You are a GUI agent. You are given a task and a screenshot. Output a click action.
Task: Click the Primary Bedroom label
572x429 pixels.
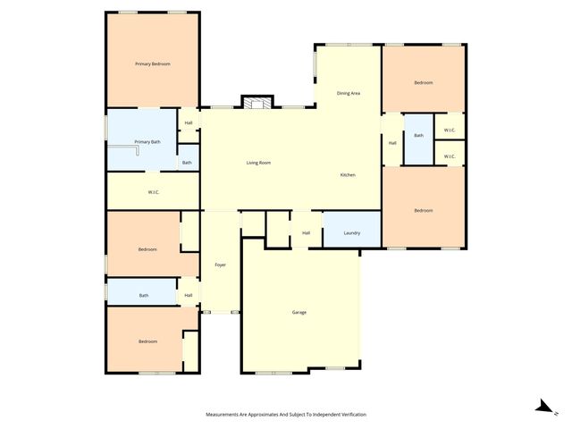coord(153,64)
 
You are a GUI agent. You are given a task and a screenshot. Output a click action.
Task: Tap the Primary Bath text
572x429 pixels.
coord(147,142)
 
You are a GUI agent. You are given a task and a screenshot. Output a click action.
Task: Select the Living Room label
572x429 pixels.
coord(258,163)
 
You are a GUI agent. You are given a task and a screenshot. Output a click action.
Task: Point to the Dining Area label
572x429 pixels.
coord(348,93)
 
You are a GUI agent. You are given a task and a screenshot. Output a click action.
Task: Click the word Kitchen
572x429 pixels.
coord(348,174)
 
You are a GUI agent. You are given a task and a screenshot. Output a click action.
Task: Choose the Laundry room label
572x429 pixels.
coord(352,233)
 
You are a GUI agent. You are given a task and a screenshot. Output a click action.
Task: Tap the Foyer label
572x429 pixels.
coord(220,265)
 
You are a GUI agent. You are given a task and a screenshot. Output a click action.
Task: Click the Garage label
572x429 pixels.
coord(299,312)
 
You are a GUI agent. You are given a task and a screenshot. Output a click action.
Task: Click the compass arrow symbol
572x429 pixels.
coord(542,406)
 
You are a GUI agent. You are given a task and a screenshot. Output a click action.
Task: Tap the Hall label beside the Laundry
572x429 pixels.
coord(306,233)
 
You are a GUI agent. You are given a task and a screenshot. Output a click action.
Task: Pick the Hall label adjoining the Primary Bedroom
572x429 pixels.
coord(189,123)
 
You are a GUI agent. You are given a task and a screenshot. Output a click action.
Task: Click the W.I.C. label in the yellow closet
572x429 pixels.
coord(153,192)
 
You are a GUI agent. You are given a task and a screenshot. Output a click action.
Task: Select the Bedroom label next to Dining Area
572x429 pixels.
coord(423,82)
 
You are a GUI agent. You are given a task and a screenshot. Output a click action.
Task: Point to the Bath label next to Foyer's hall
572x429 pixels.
coord(143,295)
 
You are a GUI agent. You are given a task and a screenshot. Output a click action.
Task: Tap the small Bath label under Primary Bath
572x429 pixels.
coord(186,163)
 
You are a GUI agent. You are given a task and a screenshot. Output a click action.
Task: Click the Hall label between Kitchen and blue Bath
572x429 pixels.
coord(392,143)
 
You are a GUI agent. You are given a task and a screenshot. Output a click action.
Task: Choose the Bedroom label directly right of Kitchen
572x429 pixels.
coord(423,210)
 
